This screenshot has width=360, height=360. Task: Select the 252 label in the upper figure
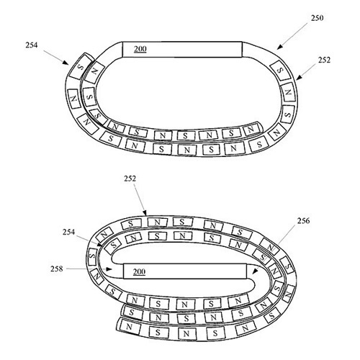click(x=325, y=60)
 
